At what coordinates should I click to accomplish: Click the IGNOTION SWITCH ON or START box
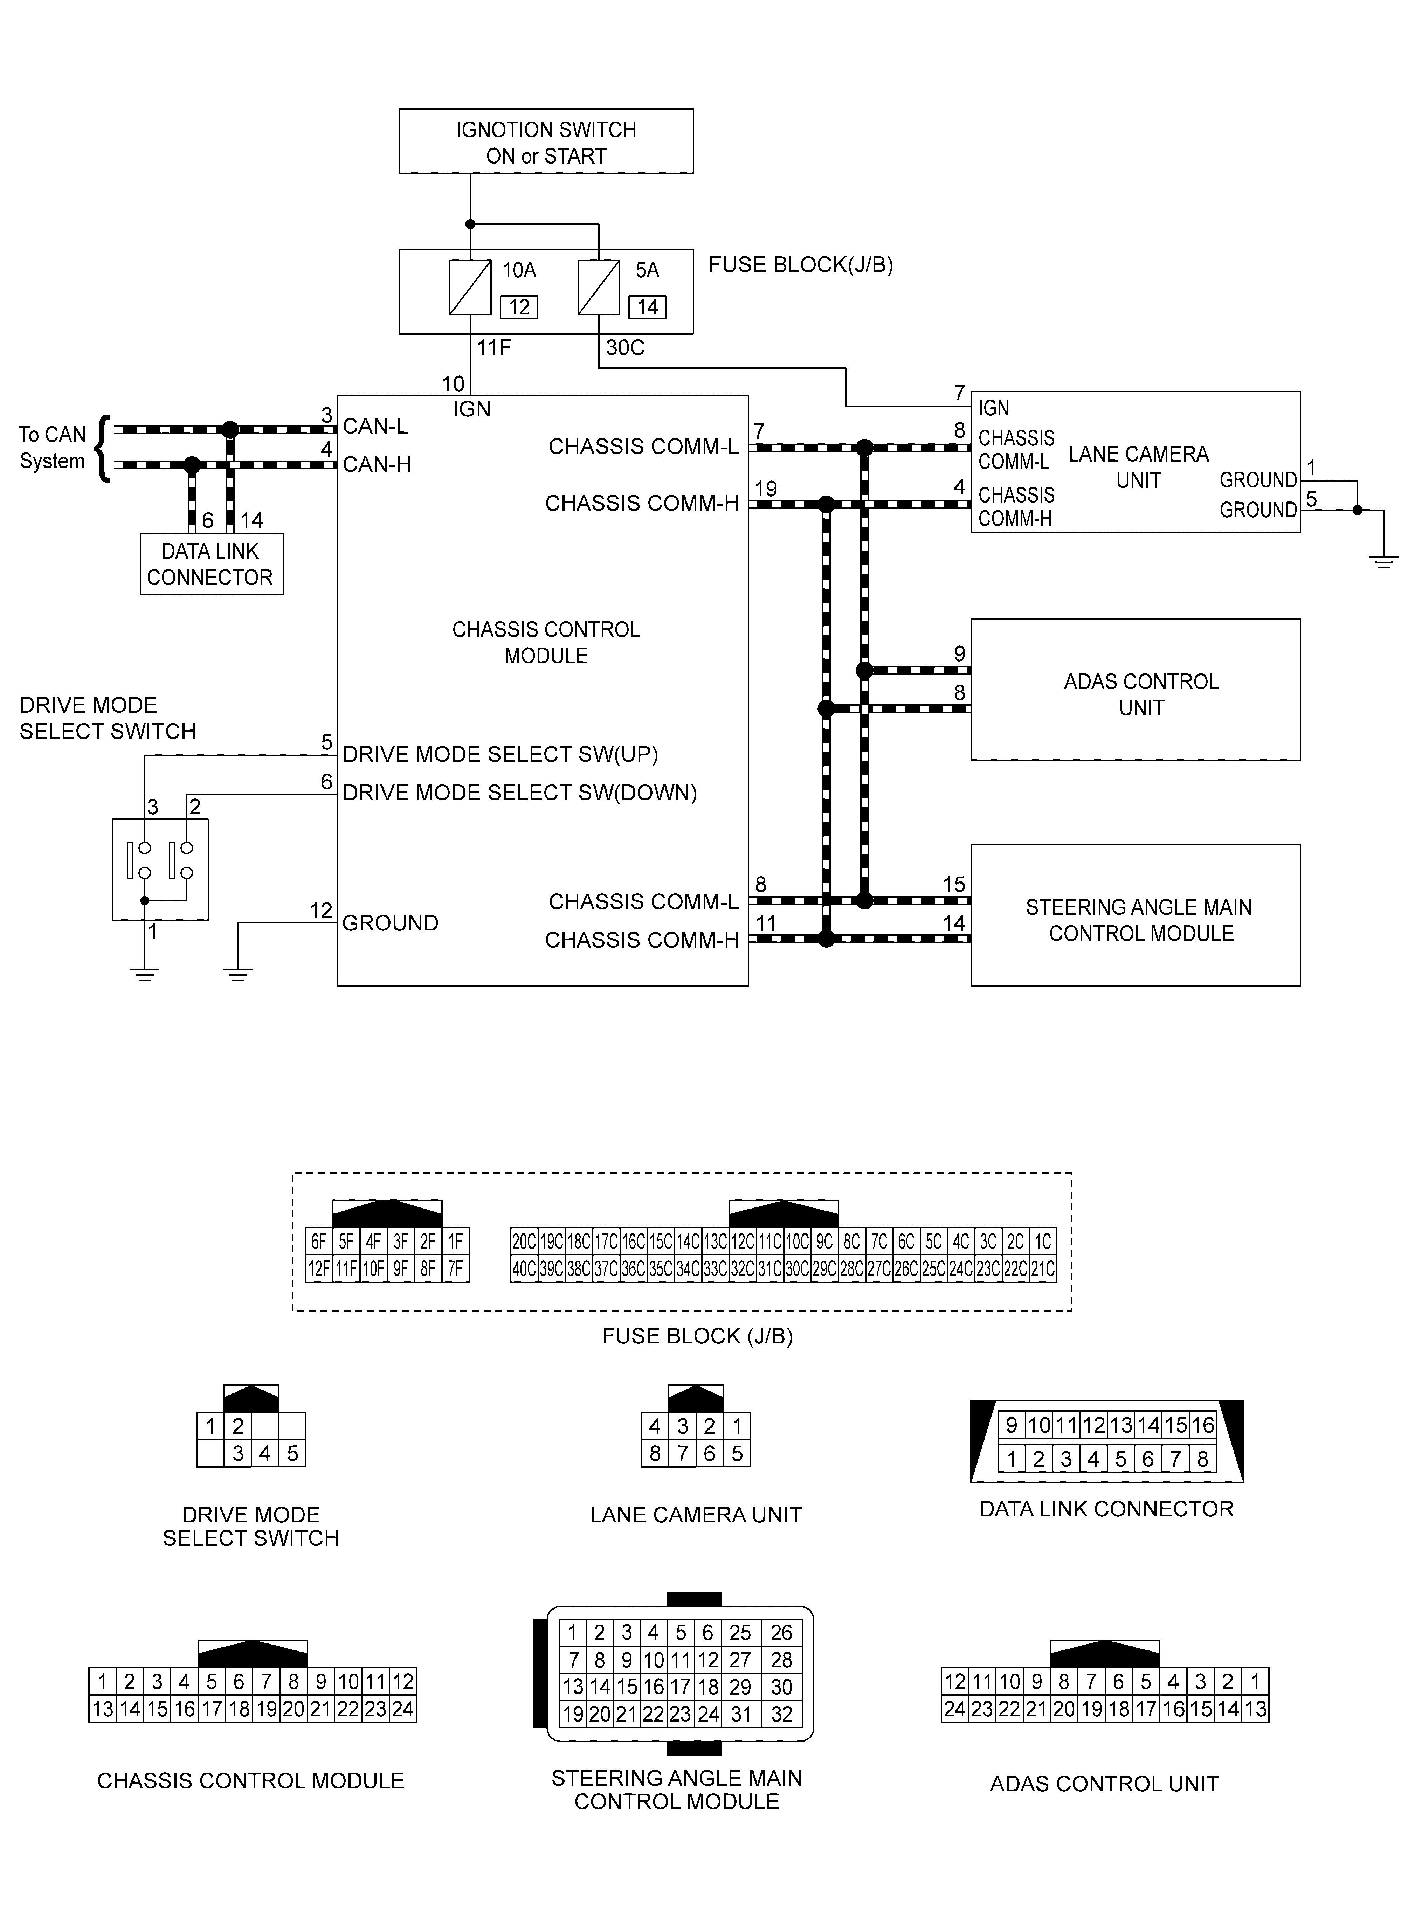coord(546,141)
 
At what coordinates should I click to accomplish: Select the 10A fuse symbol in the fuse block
coord(469,287)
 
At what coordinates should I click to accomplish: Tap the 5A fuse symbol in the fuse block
coord(599,287)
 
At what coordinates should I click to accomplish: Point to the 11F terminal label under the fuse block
coord(493,348)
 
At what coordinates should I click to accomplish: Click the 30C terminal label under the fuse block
coord(625,348)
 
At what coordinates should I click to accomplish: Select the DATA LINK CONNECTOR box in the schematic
coord(211,564)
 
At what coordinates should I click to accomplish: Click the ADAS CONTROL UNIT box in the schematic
coord(1135,689)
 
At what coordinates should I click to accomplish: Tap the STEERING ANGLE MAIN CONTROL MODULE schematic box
coord(1135,915)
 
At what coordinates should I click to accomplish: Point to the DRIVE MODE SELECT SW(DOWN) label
coord(520,793)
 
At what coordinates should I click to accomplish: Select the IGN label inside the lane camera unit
coord(994,408)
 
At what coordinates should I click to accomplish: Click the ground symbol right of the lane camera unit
coord(1383,561)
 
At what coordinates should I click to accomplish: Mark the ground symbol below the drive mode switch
coord(145,974)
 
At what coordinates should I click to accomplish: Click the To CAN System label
coord(52,448)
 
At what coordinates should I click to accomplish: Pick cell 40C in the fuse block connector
coord(523,1269)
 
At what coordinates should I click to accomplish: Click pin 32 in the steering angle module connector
coord(781,1714)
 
